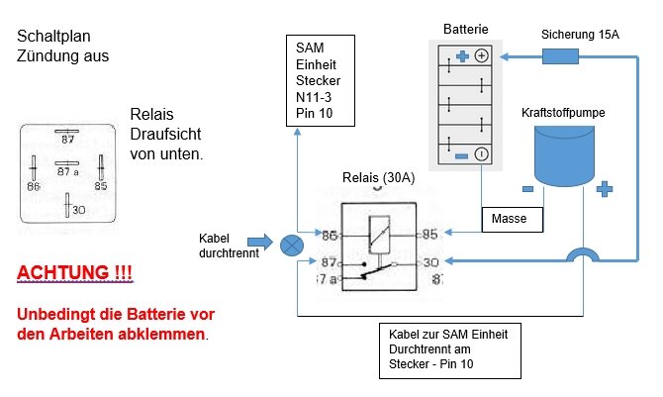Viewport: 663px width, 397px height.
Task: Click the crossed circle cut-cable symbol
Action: tap(292, 244)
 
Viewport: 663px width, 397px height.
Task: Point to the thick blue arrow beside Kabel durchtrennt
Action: tap(258, 241)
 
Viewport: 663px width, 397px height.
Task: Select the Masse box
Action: tap(512, 219)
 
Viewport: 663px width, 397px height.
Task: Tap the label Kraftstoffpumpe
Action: tap(563, 113)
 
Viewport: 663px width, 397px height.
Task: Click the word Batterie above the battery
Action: tap(468, 30)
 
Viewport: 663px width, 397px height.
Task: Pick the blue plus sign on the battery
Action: tap(461, 56)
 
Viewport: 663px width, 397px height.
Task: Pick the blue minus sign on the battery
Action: tap(460, 153)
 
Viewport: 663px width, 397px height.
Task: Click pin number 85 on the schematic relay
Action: tap(428, 235)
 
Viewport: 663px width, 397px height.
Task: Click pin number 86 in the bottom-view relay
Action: tap(34, 186)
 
